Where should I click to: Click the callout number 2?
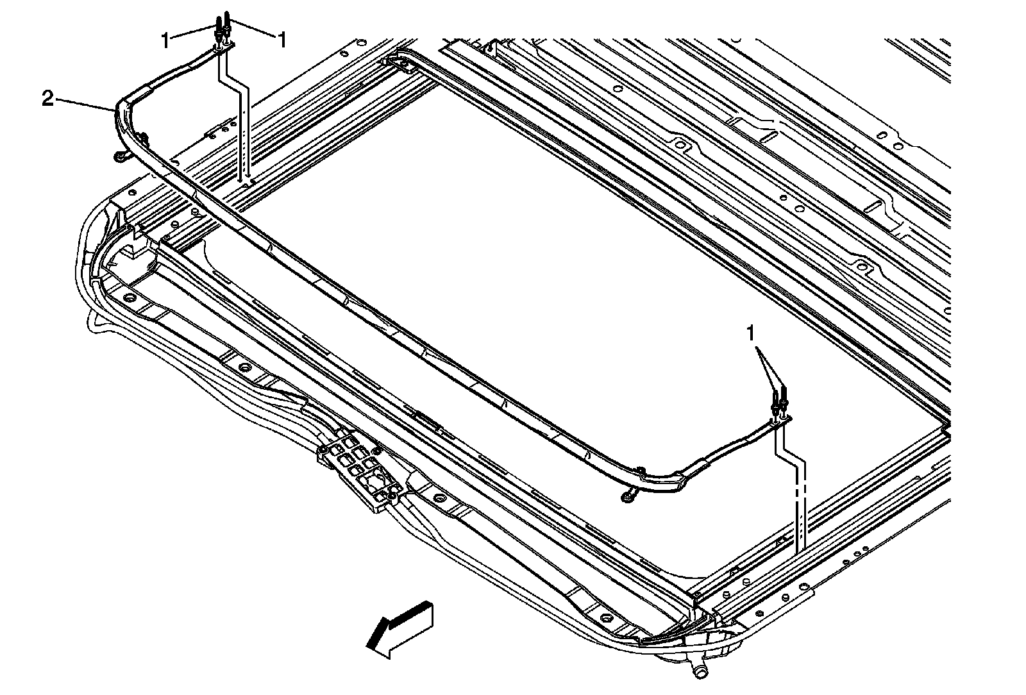point(47,98)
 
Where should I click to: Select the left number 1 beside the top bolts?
point(166,40)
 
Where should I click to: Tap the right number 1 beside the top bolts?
point(281,40)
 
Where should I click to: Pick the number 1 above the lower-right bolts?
point(750,333)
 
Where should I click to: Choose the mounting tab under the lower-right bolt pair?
point(782,420)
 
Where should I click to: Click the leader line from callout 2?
point(83,105)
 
